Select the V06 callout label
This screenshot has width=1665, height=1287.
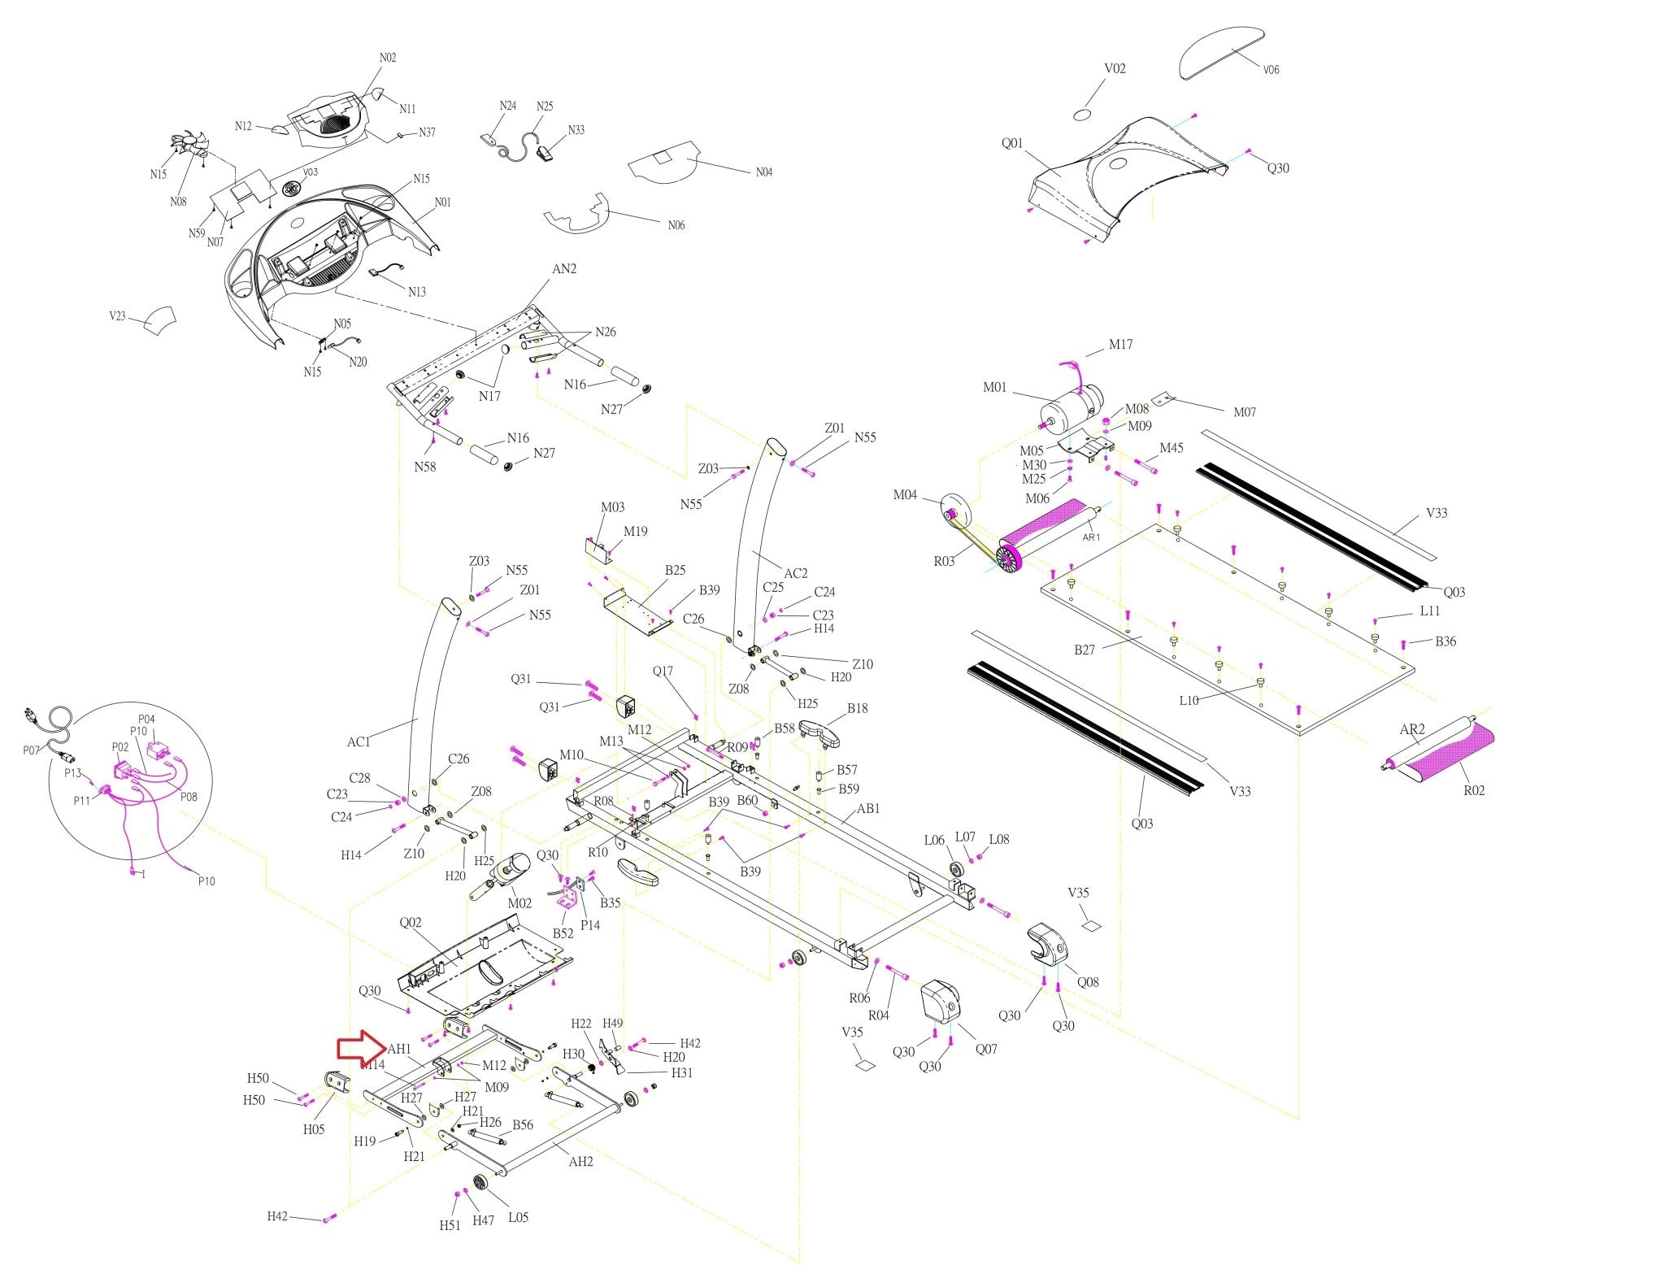pyautogui.click(x=1271, y=70)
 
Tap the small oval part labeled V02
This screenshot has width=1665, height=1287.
pyautogui.click(x=1081, y=113)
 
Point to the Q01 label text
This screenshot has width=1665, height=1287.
pyautogui.click(x=1012, y=143)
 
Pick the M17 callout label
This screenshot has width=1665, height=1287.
pyautogui.click(x=1120, y=345)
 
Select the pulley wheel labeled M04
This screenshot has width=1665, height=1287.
pyautogui.click(x=952, y=510)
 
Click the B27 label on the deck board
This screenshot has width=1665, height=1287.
pyautogui.click(x=1085, y=650)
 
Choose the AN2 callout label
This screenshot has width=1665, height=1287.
pyautogui.click(x=564, y=269)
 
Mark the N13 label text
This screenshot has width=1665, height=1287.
pyautogui.click(x=417, y=292)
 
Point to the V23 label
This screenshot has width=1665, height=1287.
pyautogui.click(x=118, y=316)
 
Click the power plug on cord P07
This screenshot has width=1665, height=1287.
pyautogui.click(x=32, y=717)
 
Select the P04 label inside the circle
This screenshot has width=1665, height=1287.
pyautogui.click(x=146, y=720)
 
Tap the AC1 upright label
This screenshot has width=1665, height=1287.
pyautogui.click(x=359, y=741)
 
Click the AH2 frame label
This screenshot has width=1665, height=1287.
pyautogui.click(x=580, y=1162)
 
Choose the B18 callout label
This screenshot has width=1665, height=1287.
pyautogui.click(x=857, y=709)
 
